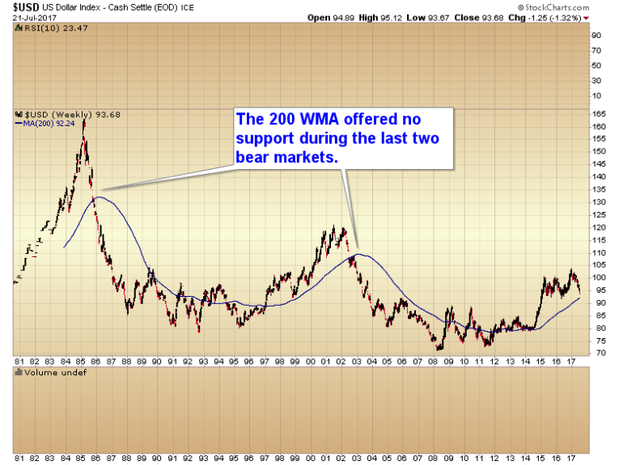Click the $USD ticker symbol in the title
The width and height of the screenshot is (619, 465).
coord(15,6)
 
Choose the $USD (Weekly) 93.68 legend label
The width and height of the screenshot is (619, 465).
coord(53,114)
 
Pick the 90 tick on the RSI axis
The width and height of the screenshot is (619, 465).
coord(596,36)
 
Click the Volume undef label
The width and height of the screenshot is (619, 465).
coord(42,373)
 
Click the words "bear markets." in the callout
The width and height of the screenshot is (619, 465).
coord(286,158)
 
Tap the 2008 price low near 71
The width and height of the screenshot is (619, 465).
coord(439,349)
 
